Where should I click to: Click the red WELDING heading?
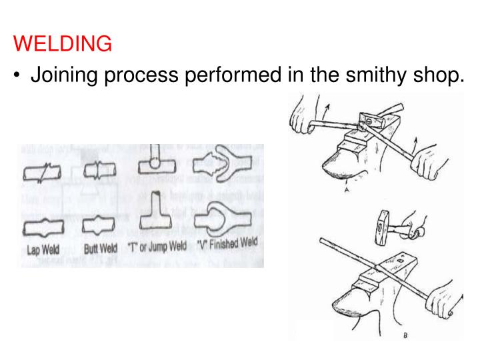63,45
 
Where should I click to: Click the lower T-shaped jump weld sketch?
155,210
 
